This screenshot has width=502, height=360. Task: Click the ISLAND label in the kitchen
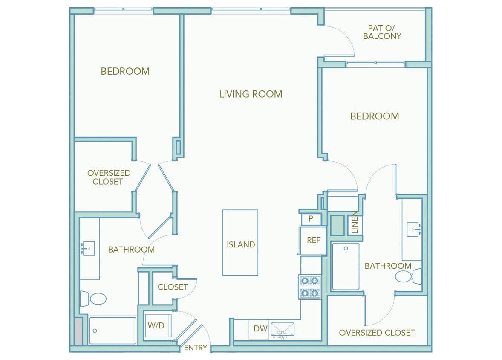point(240,244)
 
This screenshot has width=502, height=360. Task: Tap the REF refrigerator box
point(313,241)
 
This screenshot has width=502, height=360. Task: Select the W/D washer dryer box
point(156,326)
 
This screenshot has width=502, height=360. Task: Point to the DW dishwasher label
point(260,329)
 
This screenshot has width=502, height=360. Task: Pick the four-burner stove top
point(310,287)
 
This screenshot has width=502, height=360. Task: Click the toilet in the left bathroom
point(93,299)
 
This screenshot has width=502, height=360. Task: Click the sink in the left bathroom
point(88,248)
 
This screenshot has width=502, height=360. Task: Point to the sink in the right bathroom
point(413,229)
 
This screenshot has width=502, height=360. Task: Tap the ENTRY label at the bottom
point(196,348)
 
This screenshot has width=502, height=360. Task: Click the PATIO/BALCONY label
point(382,32)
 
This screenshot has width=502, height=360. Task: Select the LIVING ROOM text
point(251,94)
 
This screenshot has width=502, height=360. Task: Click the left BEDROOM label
point(125,71)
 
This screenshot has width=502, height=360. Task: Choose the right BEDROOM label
point(375,116)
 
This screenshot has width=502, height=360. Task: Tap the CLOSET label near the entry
point(173,287)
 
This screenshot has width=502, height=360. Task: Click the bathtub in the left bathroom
point(113,331)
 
